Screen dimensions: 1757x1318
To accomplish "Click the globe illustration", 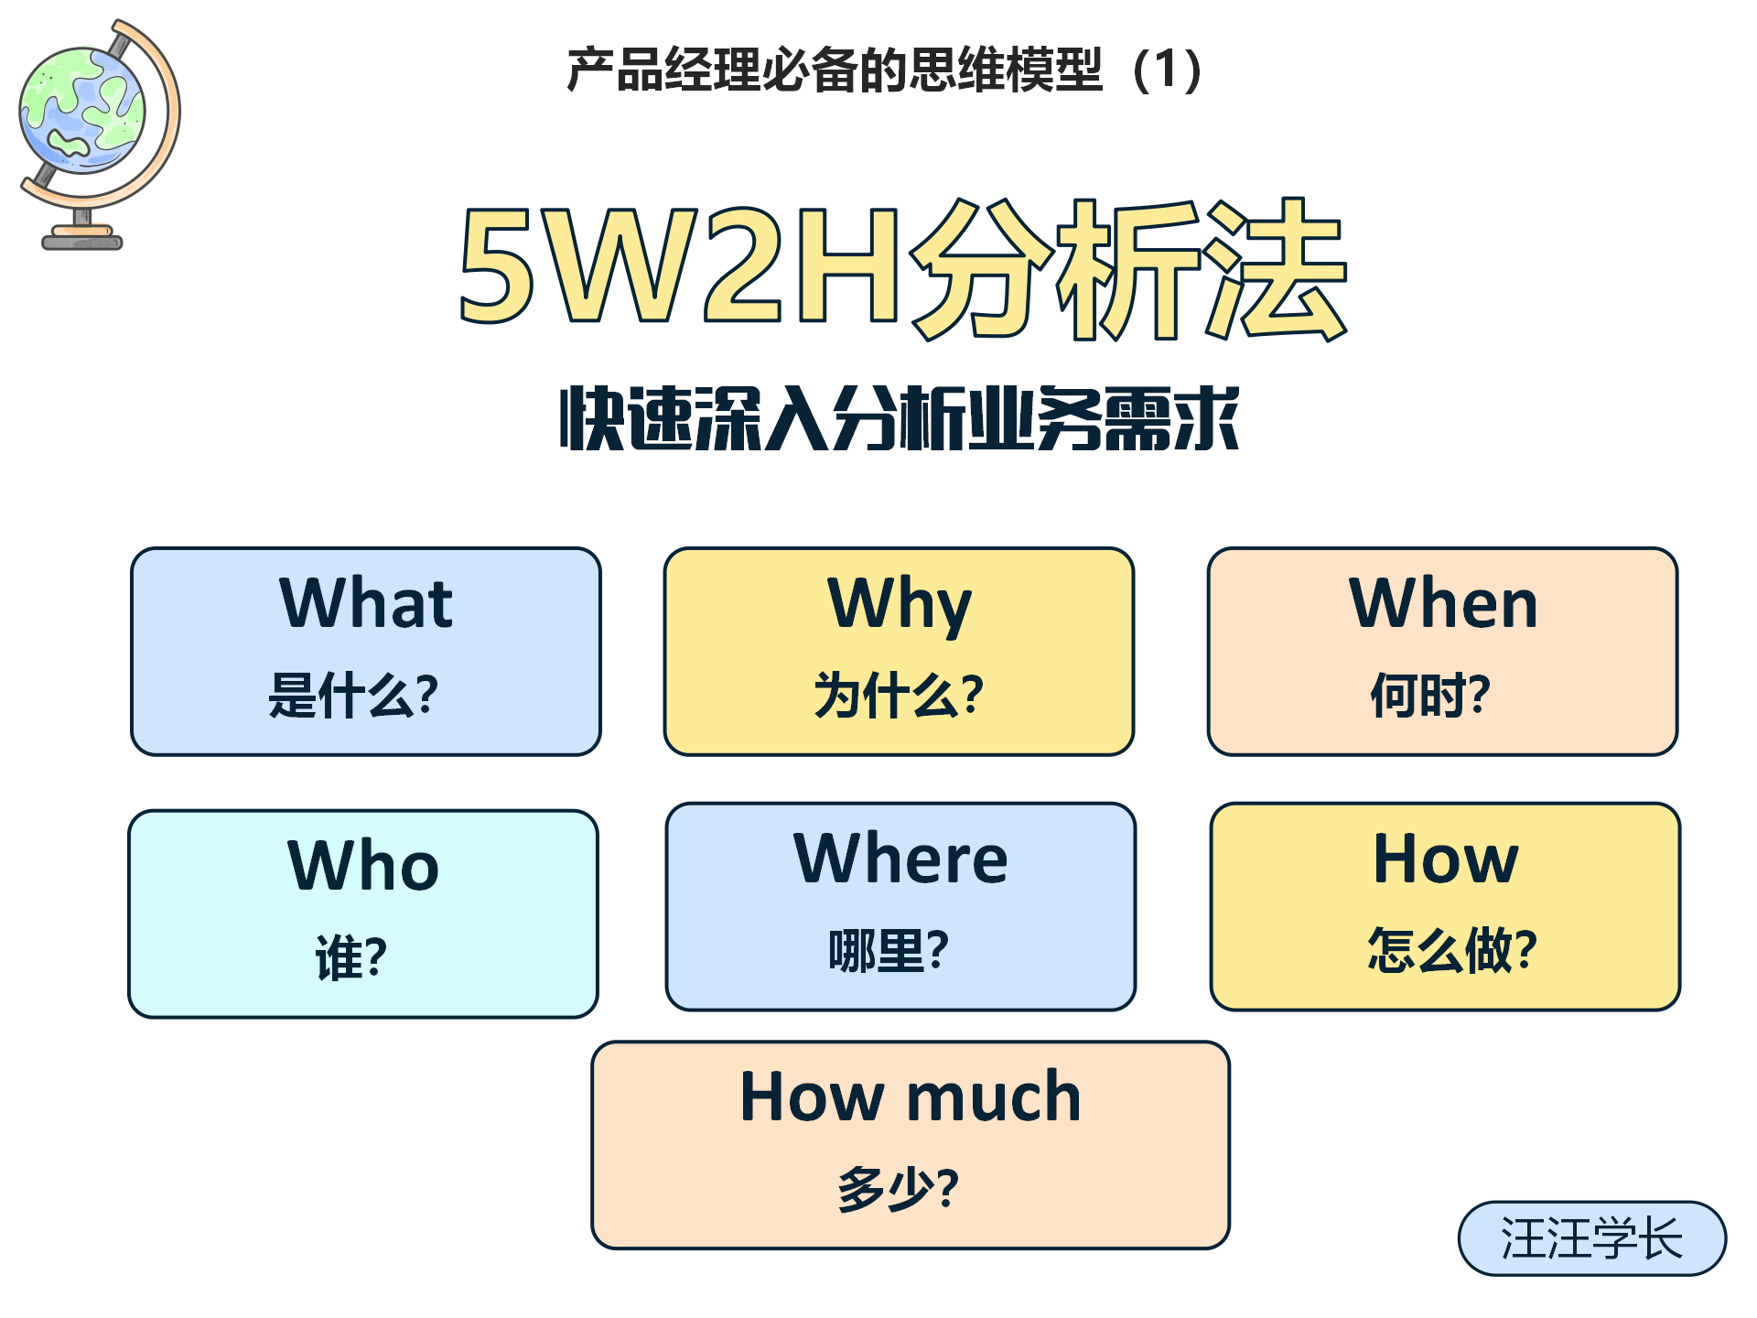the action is point(99,134).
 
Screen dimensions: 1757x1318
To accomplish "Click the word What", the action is point(366,603).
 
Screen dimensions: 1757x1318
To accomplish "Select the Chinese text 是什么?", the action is point(353,695).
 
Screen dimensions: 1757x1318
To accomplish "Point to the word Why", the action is point(900,606).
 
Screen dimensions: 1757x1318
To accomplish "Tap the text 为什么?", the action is point(899,695).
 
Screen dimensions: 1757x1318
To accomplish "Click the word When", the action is point(1443,603).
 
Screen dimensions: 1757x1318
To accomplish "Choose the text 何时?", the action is point(1430,695).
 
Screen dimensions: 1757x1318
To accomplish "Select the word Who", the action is point(363,865).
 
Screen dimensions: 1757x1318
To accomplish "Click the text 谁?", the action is point(351,957).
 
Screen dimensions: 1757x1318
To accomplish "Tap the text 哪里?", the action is point(889,950).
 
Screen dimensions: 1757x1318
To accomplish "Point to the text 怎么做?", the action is point(1452,949).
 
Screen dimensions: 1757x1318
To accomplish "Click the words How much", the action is point(911,1096).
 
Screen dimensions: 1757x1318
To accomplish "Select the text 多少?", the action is point(899,1188).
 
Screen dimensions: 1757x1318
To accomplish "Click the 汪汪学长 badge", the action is point(1591,1238).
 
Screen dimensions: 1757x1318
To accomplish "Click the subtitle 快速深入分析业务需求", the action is point(900,418).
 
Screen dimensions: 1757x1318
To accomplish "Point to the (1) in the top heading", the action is point(1167,70).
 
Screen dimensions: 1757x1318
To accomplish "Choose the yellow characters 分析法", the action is point(1128,268).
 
